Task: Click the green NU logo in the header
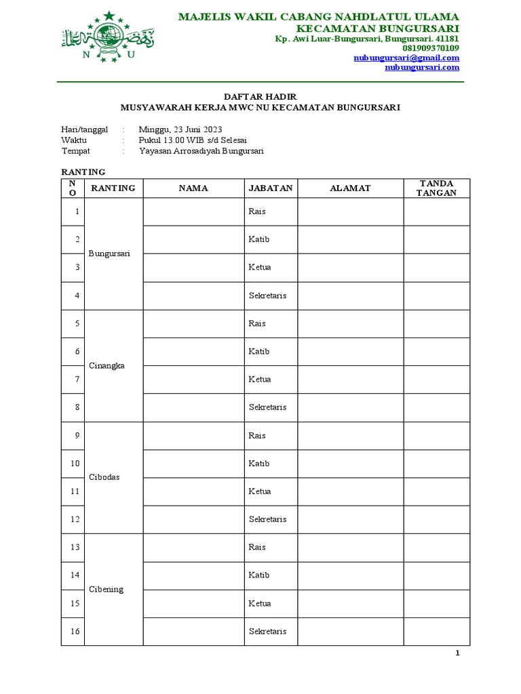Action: [108, 38]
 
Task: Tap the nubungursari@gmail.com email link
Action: [406, 58]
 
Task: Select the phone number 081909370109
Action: [431, 48]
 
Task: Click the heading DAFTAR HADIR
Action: [260, 97]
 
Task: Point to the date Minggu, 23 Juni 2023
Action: [180, 129]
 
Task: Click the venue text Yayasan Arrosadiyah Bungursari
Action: [201, 151]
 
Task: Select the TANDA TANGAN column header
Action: [436, 188]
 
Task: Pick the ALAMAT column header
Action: [350, 188]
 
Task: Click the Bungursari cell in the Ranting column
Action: [109, 253]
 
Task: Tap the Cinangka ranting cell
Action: [107, 365]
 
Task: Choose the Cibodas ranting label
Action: [104, 477]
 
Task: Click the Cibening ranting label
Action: [106, 589]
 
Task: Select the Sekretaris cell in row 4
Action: [267, 295]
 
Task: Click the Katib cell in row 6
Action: [259, 351]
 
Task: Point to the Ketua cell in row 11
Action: [260, 491]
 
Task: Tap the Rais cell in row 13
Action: [257, 547]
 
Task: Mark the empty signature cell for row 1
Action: [436, 211]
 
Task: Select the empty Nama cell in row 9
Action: [193, 435]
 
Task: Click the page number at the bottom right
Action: [457, 653]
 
